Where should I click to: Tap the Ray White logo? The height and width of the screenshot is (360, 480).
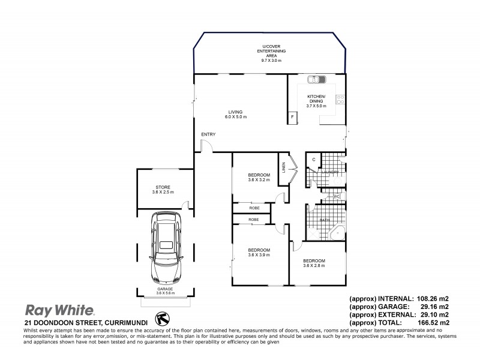click(59, 310)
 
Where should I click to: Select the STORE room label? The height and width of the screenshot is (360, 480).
click(163, 187)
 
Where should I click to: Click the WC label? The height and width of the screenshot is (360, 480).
click(337, 196)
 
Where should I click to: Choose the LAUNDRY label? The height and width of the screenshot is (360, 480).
click(331, 173)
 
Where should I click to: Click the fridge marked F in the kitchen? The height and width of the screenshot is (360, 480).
click(292, 116)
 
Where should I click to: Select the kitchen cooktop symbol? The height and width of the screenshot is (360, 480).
click(340, 100)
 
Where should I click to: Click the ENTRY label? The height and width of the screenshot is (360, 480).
click(208, 134)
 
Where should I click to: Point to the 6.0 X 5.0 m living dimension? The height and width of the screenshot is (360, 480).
click(235, 115)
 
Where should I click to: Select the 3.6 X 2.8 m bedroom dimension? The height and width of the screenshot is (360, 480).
click(314, 266)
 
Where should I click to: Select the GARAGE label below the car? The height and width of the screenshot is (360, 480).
click(165, 289)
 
